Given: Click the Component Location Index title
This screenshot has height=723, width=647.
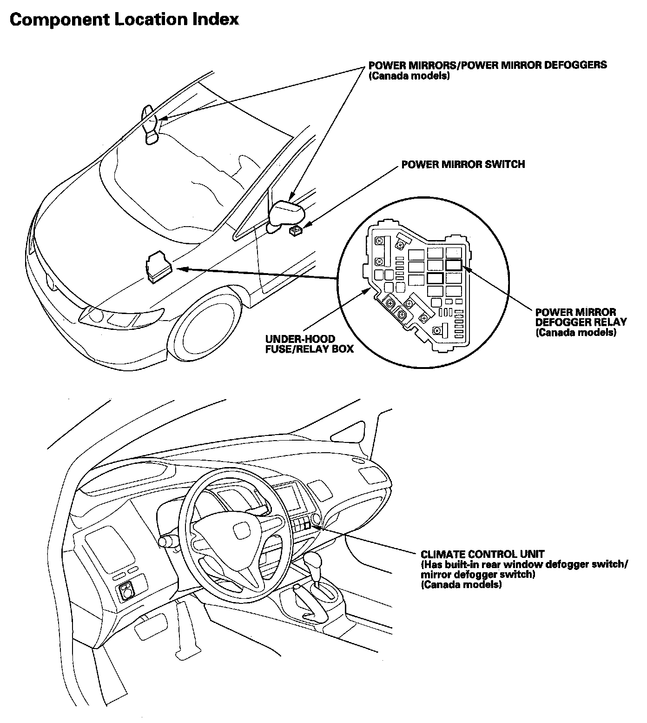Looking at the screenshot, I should [124, 20].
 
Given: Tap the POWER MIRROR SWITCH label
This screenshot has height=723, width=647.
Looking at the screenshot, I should [463, 164].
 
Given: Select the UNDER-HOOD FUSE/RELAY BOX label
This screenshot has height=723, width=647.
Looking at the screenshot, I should [309, 344].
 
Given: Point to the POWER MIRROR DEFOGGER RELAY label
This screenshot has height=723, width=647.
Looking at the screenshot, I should [581, 322].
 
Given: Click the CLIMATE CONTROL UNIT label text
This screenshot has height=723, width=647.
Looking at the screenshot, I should [482, 554].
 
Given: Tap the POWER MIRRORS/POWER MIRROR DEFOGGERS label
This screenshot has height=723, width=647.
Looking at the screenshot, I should [487, 65].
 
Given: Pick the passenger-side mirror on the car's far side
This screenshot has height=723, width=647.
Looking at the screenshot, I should [151, 125].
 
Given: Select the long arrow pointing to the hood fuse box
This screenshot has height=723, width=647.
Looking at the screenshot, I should [258, 274].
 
